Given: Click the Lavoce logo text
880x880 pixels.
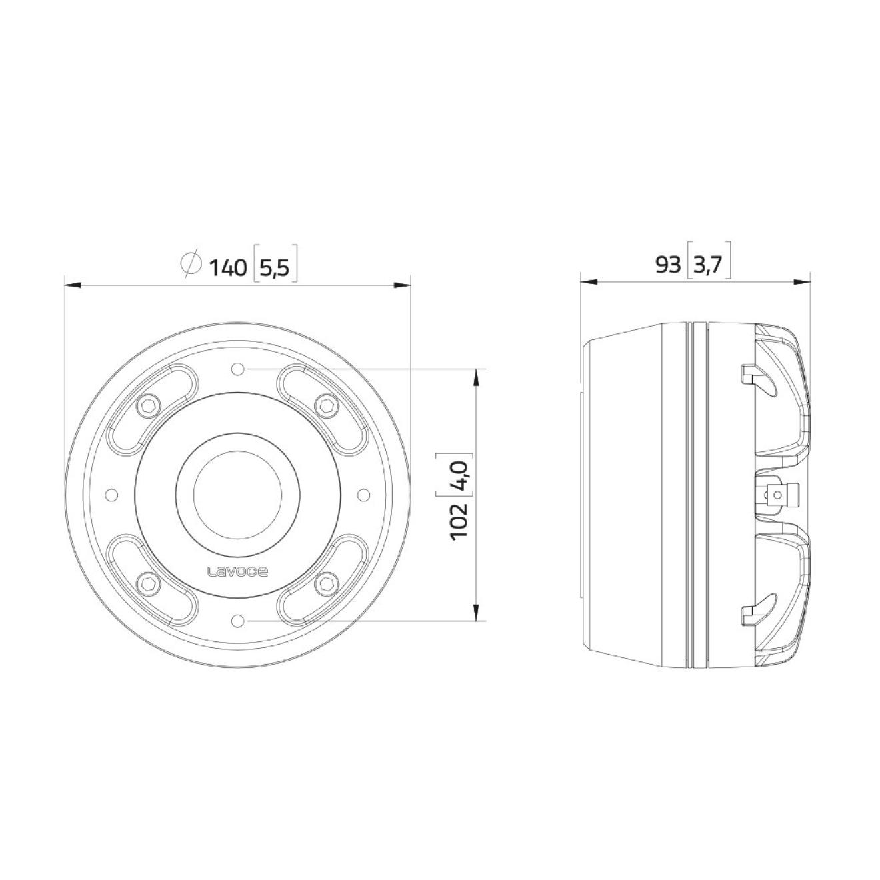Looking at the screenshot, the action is (237, 572).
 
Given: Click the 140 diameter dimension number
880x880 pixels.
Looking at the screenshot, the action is (228, 267).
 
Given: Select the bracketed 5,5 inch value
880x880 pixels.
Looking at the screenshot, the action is (275, 268).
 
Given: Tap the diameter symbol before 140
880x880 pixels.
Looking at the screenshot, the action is (191, 264).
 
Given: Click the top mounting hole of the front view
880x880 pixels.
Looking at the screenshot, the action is (237, 369).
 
